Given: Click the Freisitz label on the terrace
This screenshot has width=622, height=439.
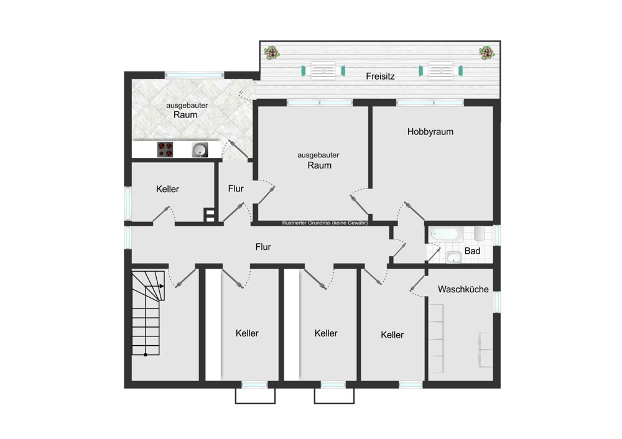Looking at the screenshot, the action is (380, 76).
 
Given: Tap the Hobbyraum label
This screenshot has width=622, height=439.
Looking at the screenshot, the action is (430, 132).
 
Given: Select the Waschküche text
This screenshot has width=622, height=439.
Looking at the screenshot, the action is (463, 289).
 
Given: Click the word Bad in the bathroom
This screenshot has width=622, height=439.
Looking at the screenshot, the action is (472, 251).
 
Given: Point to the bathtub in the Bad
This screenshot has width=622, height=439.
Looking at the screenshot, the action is (447, 234).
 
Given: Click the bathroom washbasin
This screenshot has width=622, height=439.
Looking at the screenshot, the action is (453, 257).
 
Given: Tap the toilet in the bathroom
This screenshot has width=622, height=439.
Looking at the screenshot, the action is (479, 234).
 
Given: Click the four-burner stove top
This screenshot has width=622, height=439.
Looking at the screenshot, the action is (165, 149).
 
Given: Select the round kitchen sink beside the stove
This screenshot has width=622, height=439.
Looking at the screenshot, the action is (200, 150).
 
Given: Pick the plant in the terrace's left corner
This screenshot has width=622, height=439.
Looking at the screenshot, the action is (272, 52).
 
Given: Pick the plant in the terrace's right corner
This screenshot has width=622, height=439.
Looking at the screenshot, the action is (486, 52).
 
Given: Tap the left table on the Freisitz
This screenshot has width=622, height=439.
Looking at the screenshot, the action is (323, 71).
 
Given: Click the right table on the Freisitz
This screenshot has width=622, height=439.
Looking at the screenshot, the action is (441, 71).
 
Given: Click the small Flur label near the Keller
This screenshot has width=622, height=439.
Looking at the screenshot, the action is (236, 189).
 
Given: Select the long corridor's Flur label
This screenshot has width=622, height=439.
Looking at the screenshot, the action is (263, 247).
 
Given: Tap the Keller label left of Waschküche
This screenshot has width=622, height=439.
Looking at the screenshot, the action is (392, 335).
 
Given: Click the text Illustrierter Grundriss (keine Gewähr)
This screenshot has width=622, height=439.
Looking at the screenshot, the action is (325, 223).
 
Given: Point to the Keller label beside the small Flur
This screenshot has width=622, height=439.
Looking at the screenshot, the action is (167, 189).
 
